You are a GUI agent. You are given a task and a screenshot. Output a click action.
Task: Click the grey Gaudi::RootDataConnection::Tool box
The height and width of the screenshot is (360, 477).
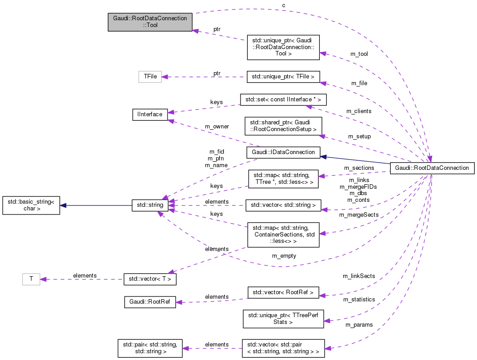pyautogui.click(x=150, y=22)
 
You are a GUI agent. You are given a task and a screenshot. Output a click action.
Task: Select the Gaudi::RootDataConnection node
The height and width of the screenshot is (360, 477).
pyautogui.click(x=432, y=168)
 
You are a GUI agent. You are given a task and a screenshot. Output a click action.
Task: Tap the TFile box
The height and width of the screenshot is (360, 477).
pyautogui.click(x=150, y=77)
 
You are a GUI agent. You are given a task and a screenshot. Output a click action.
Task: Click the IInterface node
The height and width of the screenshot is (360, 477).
pyautogui.click(x=150, y=114)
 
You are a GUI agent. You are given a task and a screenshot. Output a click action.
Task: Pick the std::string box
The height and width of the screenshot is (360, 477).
pyautogui.click(x=150, y=205)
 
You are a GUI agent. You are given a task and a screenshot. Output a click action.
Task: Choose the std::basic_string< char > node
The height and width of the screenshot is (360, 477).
pyautogui.click(x=31, y=205)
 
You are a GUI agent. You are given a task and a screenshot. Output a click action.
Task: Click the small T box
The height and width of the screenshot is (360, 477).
pyautogui.click(x=31, y=279)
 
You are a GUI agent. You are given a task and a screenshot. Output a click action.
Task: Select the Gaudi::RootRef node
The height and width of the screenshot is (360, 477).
pyautogui.click(x=150, y=302)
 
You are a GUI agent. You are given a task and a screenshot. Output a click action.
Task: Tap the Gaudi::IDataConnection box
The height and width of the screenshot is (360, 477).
pyautogui.click(x=283, y=152)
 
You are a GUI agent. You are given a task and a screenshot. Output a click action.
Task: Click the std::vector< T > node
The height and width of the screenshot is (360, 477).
pyautogui.click(x=150, y=279)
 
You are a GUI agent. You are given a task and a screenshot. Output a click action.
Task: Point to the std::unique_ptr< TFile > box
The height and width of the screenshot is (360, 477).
pyautogui.click(x=283, y=77)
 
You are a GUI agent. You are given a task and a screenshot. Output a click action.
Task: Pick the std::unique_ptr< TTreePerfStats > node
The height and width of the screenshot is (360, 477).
pyautogui.click(x=283, y=319)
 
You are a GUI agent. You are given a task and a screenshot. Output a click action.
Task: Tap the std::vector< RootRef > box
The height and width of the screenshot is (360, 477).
pyautogui.click(x=283, y=292)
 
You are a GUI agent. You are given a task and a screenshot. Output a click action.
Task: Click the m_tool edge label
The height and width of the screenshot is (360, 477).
pyautogui.click(x=359, y=54)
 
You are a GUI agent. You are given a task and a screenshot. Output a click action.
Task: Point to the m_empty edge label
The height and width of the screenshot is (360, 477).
pyautogui.click(x=284, y=255)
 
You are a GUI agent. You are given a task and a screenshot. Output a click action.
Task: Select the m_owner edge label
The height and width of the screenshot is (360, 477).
pyautogui.click(x=217, y=127)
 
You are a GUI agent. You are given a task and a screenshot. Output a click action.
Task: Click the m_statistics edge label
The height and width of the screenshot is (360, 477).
pyautogui.click(x=359, y=299)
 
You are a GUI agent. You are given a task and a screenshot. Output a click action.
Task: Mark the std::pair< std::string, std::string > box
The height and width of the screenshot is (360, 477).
pyautogui.click(x=150, y=348)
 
